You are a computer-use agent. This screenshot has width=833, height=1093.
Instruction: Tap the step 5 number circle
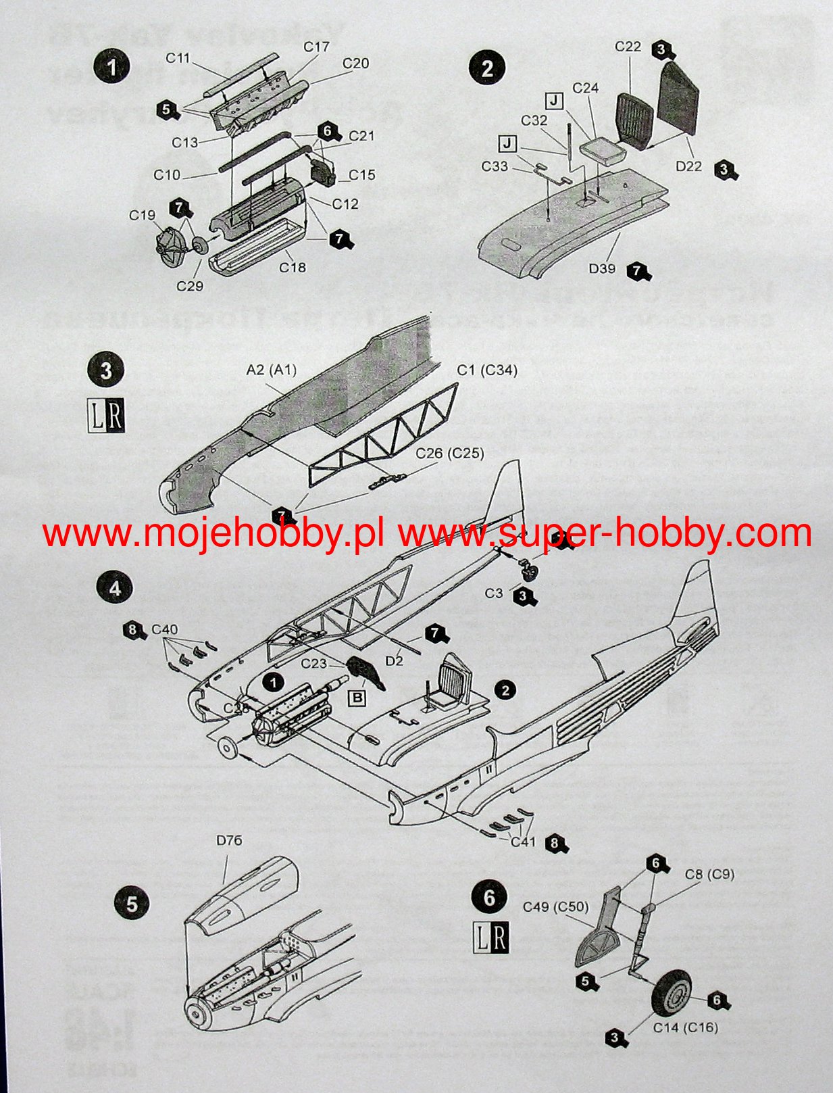132,904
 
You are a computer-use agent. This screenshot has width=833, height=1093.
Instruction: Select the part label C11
178,58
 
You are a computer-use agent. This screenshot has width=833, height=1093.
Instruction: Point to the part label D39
601,268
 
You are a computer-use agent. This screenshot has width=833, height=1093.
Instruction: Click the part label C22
628,46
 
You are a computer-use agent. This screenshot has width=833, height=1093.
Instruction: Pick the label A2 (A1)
271,370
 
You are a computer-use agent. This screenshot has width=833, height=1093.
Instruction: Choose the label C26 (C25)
449,453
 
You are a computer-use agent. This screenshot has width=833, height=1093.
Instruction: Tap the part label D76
229,841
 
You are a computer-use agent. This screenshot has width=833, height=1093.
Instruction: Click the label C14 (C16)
685,1027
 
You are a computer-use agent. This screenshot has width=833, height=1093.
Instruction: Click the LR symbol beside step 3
107,416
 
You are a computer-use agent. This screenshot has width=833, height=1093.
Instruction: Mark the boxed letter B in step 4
356,697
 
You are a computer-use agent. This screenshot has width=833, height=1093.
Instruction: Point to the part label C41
523,842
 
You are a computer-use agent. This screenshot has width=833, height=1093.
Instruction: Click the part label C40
164,629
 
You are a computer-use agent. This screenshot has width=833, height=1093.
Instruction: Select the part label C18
293,268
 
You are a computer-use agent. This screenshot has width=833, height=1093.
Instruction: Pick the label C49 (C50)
555,906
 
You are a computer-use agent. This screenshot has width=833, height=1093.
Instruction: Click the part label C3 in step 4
494,593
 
